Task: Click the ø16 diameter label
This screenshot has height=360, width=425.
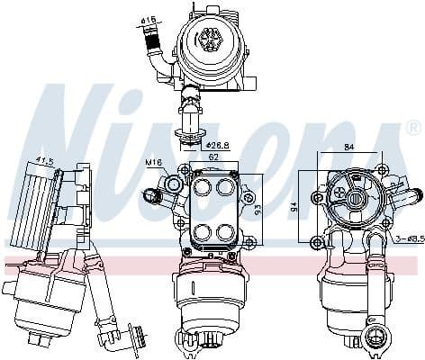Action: (x=148, y=19)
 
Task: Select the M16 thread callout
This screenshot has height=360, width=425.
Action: (x=152, y=163)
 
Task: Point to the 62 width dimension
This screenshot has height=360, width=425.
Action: (x=212, y=157)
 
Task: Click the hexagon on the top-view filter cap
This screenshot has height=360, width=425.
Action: (x=213, y=39)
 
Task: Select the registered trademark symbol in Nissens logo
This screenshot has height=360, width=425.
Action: (x=412, y=127)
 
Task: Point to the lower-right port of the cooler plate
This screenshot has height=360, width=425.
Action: (x=223, y=231)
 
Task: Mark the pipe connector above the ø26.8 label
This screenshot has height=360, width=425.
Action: (x=190, y=116)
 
